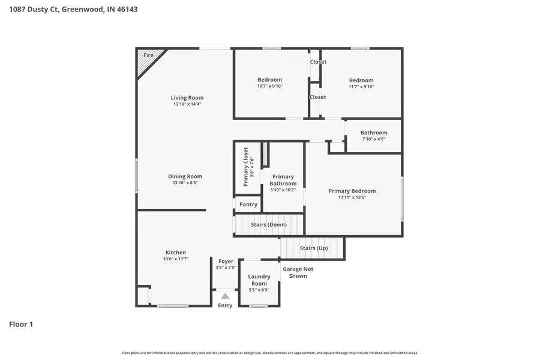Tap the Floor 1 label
[21, 324]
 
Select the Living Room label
[187, 98]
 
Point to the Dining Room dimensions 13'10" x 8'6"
[185, 183]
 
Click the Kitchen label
[175, 253]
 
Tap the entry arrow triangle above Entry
[225, 295]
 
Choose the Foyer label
[226, 261]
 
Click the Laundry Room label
[259, 280]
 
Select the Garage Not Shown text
[298, 272]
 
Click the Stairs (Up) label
[313, 248]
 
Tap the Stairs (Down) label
[268, 224]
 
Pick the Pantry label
[248, 205]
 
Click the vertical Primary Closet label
[245, 167]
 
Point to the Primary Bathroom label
[283, 180]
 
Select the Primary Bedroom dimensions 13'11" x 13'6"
[352, 197]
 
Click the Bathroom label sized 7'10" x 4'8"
[374, 133]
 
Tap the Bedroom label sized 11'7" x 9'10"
[361, 80]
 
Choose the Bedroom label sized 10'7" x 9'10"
[269, 80]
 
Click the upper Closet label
[318, 62]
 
